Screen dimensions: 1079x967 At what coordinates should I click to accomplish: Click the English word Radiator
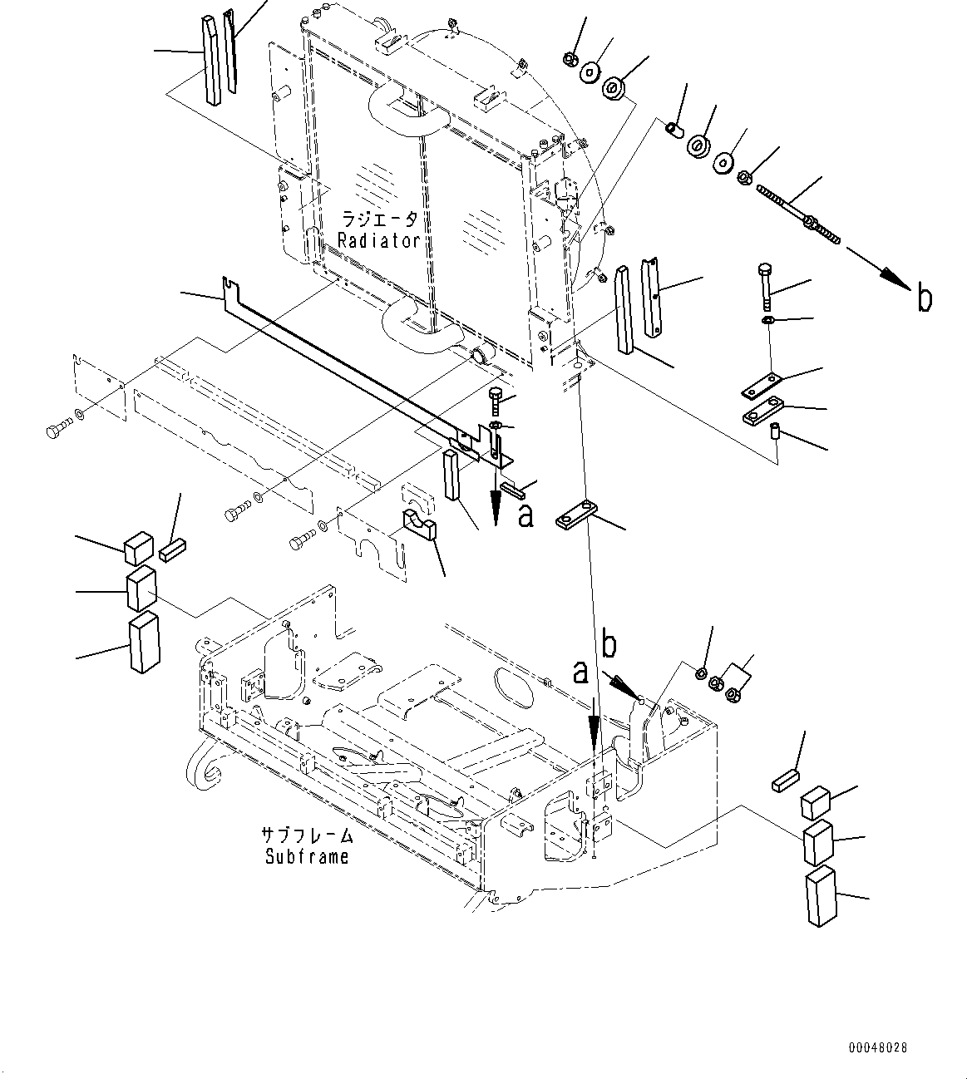pyautogui.click(x=378, y=241)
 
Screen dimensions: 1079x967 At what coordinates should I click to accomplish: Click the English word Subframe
pyautogui.click(x=307, y=856)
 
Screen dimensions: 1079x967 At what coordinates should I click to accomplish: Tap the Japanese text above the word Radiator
pyautogui.click(x=380, y=219)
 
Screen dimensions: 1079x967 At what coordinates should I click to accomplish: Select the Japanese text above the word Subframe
pyautogui.click(x=307, y=835)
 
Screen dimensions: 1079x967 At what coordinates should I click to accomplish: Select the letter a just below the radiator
pyautogui.click(x=525, y=515)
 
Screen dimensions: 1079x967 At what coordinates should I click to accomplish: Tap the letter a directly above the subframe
pyautogui.click(x=580, y=672)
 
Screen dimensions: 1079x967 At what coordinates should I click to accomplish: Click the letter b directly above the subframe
pyautogui.click(x=609, y=645)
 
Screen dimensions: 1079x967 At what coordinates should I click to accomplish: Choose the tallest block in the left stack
pyautogui.click(x=143, y=642)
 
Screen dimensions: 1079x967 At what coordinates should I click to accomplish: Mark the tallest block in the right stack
pyautogui.click(x=821, y=894)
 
